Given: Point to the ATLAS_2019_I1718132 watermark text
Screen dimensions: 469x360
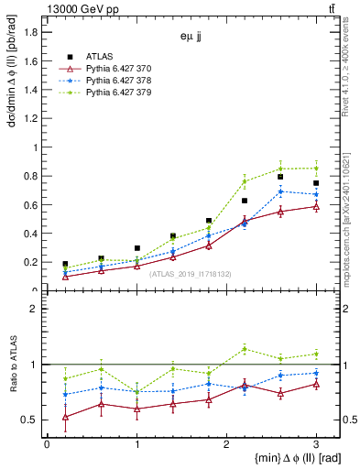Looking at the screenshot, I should point(191,274).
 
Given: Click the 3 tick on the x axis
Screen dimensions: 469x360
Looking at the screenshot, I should point(316,444).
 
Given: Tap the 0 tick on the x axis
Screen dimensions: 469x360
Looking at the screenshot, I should point(47,444).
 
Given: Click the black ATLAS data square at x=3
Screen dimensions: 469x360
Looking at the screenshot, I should point(316,183).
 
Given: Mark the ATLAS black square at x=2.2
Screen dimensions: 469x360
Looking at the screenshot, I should point(245,200).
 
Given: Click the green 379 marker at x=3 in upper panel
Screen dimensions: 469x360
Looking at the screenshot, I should point(316,168).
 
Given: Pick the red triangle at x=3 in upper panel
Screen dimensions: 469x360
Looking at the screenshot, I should point(316,206).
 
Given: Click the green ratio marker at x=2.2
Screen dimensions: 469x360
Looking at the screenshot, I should point(245,348).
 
